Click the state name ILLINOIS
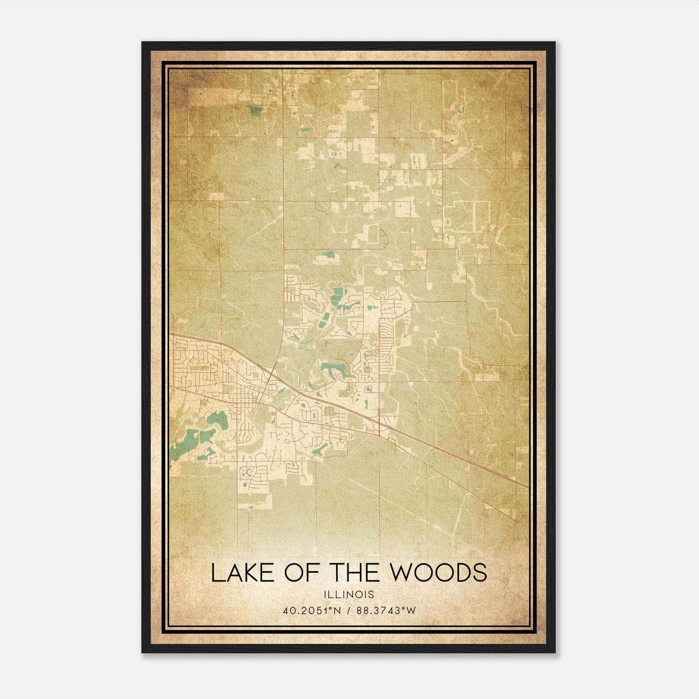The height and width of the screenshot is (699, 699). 349,595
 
